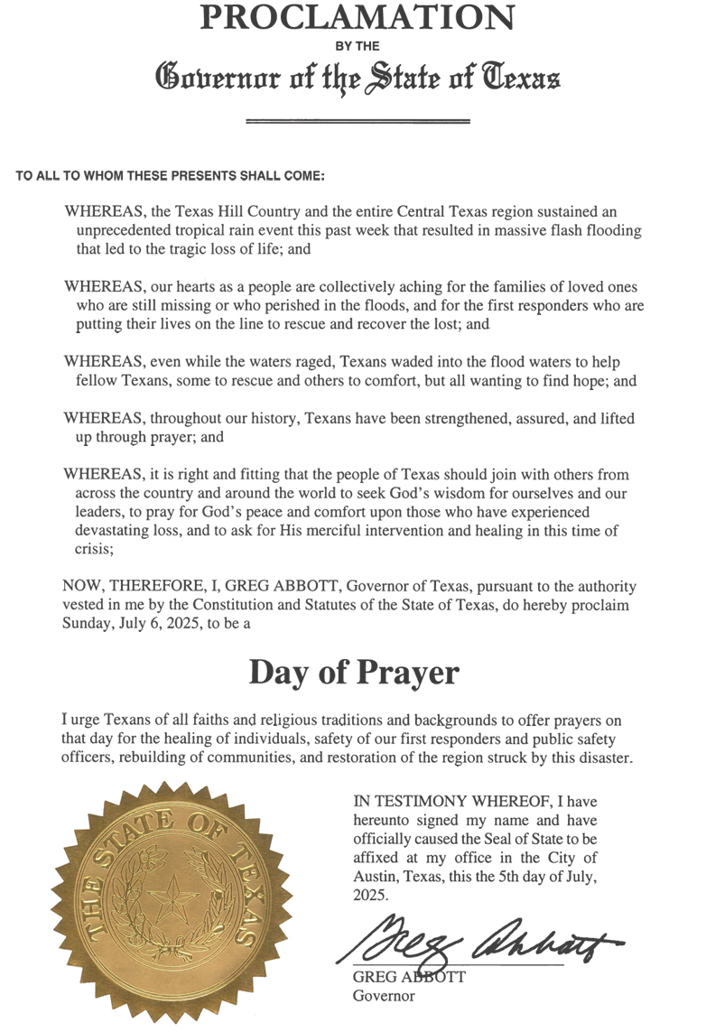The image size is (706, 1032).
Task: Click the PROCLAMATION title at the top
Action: click(x=358, y=15)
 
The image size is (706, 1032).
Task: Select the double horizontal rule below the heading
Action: click(x=358, y=120)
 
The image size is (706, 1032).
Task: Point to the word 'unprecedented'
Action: click(x=122, y=231)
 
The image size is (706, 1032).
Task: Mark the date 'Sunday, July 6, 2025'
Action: click(x=127, y=626)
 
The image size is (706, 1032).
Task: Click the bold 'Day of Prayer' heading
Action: click(x=354, y=672)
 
